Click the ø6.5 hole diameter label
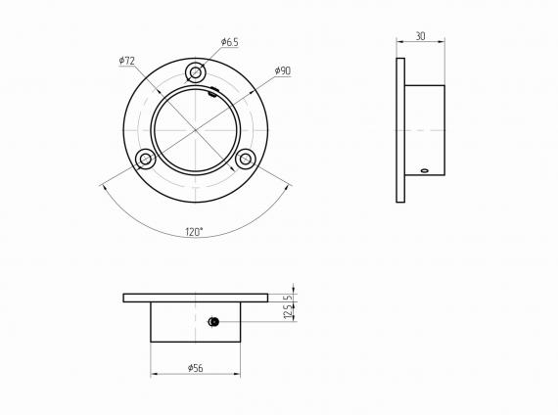(230, 42)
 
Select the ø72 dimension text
(126, 61)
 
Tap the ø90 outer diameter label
(282, 71)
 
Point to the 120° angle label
(194, 232)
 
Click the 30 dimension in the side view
(420, 36)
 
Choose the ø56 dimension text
(194, 368)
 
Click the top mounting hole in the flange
(196, 72)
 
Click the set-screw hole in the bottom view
(213, 321)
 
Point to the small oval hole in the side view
(424, 170)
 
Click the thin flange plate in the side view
(400, 130)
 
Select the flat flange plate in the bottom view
(196, 298)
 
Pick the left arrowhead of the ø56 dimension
(154, 374)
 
